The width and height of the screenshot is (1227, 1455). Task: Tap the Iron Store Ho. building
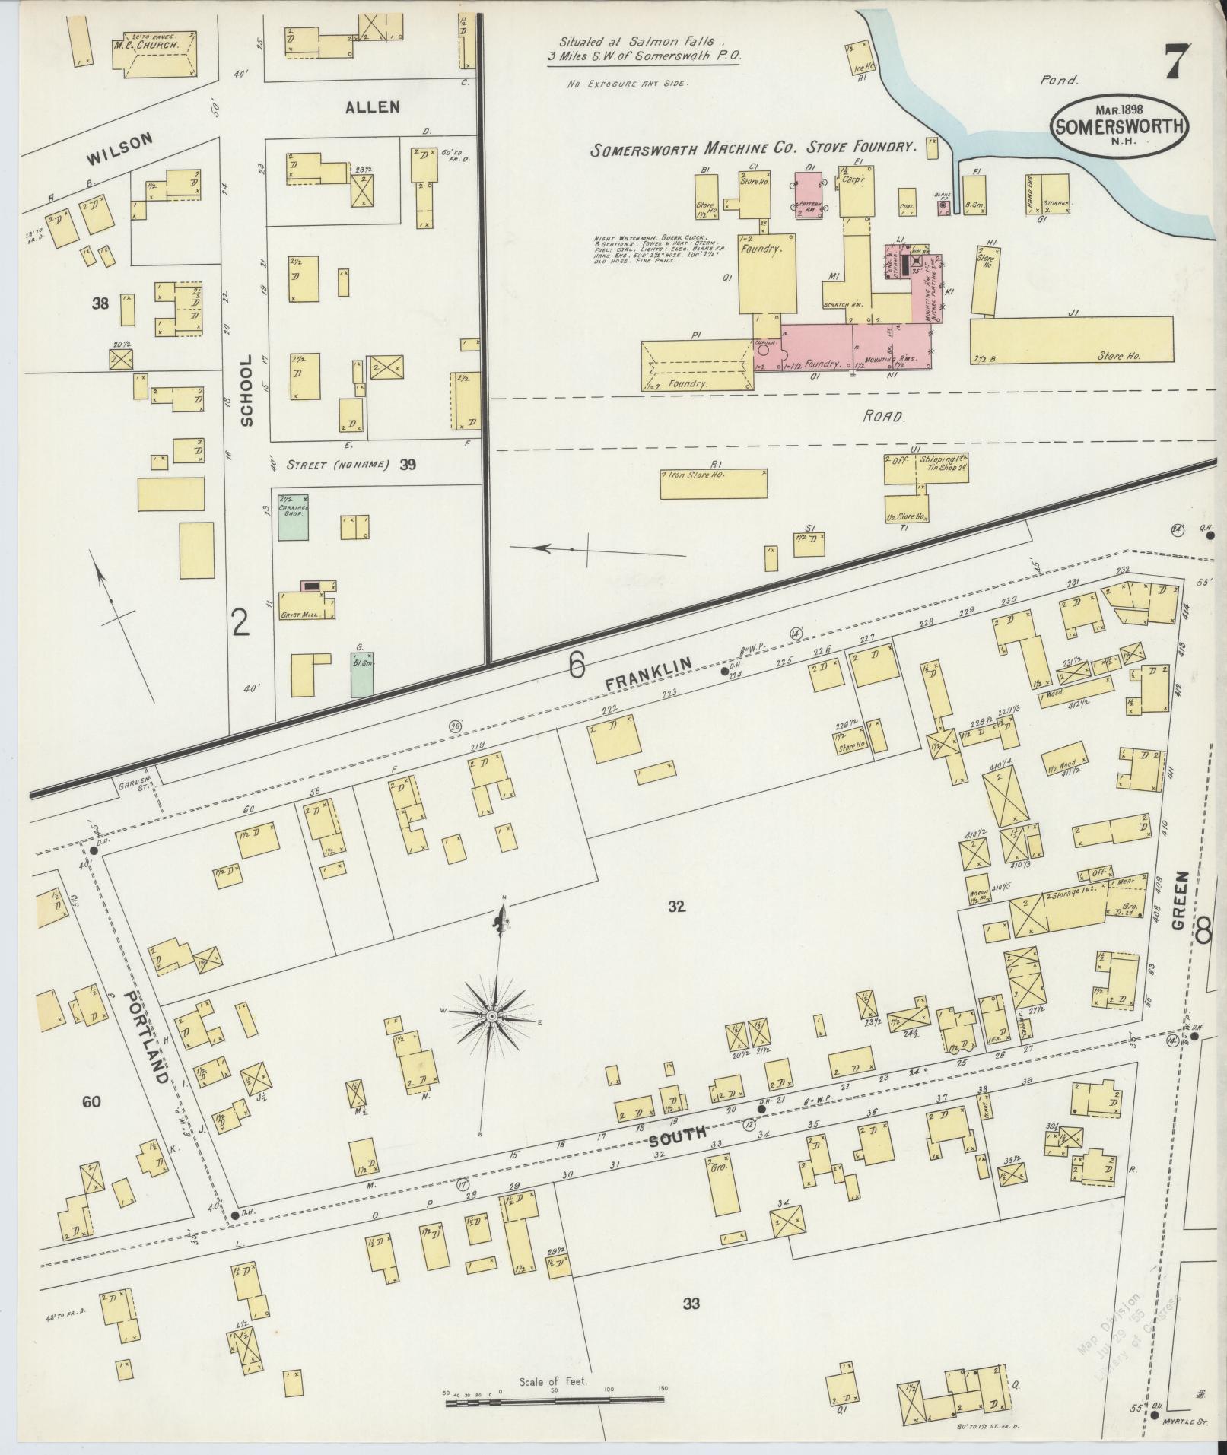coord(713,484)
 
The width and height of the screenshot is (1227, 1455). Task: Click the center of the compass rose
coord(492,1016)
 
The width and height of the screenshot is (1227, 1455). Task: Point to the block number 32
coord(677,907)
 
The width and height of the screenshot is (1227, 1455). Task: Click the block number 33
coord(691,1304)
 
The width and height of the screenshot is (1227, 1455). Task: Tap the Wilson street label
coord(119,148)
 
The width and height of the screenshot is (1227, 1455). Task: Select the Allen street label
coord(373,107)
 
